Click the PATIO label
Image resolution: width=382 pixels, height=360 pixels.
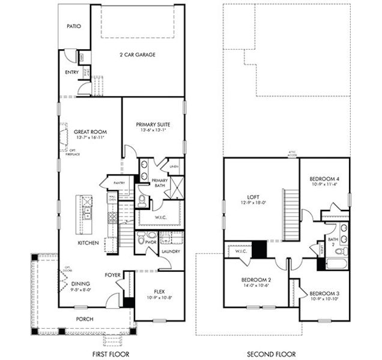[x=74, y=26]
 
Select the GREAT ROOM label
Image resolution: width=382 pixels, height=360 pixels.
[x=89, y=131]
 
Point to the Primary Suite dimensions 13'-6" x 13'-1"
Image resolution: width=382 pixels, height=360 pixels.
[x=153, y=130]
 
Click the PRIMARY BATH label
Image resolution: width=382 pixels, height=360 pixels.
[x=159, y=184]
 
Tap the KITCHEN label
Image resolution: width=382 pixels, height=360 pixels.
[x=88, y=243]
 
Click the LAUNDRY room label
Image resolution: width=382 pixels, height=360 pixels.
[x=171, y=251]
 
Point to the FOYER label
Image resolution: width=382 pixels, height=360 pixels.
[x=113, y=275]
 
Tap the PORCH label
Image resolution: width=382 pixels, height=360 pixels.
[x=84, y=319]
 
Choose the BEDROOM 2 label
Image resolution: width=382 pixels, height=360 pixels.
[x=257, y=280]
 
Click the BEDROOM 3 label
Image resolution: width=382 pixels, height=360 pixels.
[x=325, y=293]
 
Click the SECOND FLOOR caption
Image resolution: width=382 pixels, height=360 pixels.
[x=274, y=354]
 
